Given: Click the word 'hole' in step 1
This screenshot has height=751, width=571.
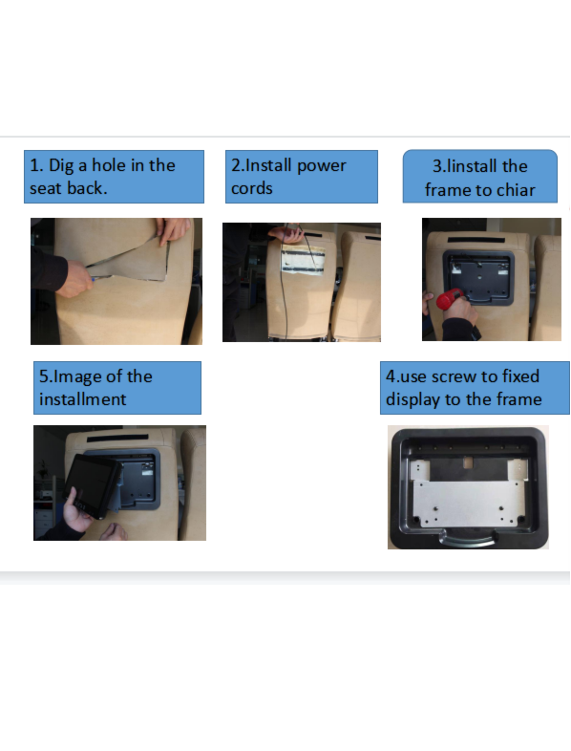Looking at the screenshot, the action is [x=109, y=165].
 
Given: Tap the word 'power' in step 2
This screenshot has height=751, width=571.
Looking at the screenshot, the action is [x=322, y=166].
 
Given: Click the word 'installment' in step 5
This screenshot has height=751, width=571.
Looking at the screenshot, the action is [x=83, y=399].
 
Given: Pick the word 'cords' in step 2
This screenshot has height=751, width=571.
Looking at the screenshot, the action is [x=252, y=188].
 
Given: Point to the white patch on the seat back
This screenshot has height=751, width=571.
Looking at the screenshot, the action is [x=303, y=260].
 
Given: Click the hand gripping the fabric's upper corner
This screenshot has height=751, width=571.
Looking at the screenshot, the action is [x=172, y=230].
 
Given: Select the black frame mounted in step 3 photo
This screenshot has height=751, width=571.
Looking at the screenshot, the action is [x=478, y=278].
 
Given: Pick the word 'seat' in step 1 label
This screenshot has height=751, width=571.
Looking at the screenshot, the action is [x=46, y=188].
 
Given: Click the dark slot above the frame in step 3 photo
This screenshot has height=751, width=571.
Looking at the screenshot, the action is [x=476, y=240].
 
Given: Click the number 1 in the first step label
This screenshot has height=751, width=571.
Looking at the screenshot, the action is [x=34, y=165].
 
